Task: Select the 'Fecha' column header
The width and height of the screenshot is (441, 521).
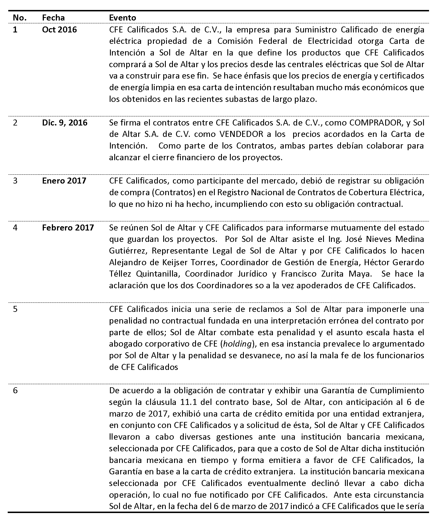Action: tap(53, 18)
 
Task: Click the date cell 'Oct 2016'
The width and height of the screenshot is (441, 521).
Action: tap(59, 30)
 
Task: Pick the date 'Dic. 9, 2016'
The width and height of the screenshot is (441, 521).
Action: tap(65, 123)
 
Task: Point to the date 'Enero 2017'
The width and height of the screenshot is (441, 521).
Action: tap(64, 181)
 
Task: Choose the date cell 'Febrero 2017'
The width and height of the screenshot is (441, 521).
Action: tap(68, 228)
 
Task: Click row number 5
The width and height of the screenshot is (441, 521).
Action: tap(15, 309)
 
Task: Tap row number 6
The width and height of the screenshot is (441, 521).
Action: tap(15, 390)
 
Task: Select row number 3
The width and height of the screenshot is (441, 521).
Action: tap(15, 181)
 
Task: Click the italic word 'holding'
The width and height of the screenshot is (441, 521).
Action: tap(238, 344)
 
